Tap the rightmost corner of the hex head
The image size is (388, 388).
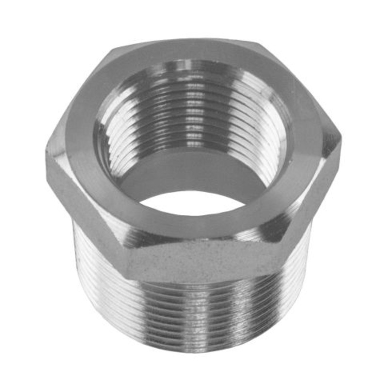(340, 138)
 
